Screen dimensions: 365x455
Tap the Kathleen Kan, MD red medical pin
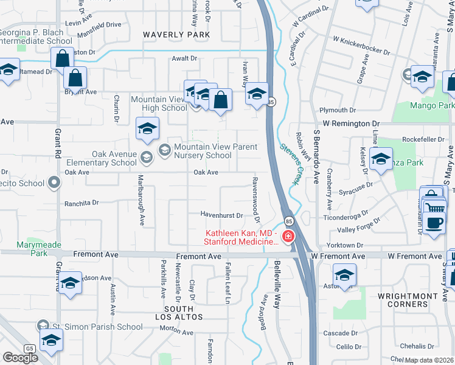[288, 237]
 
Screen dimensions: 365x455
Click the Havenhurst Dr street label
[222, 215]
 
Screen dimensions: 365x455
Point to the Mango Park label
[432, 105]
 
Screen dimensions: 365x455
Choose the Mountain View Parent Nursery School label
[215, 151]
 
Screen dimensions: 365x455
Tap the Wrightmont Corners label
[412, 300]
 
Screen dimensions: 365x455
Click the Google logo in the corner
[20, 358]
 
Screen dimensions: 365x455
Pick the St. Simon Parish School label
[96, 327]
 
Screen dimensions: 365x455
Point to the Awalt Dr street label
[184, 58]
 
